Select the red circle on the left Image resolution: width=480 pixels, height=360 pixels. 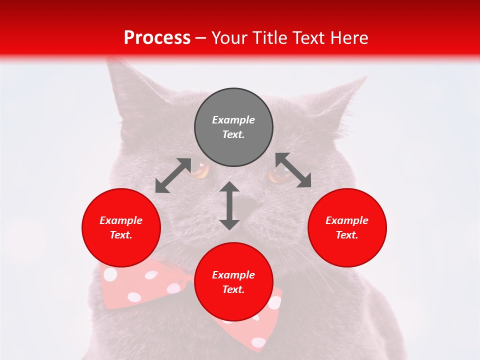click(121, 227)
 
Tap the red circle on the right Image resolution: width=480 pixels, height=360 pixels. click(347, 227)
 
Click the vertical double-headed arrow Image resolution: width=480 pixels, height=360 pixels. click(229, 205)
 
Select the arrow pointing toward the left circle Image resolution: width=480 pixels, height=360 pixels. click(173, 175)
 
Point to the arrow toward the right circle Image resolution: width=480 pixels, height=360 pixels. click(293, 170)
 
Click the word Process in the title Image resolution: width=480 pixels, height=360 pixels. click(157, 38)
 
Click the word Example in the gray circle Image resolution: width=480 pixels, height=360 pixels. click(233, 120)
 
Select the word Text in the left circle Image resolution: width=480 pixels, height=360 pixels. click(121, 235)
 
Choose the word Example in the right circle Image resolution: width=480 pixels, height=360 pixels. click(347, 220)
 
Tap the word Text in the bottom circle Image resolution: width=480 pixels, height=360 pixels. click(233, 289)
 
